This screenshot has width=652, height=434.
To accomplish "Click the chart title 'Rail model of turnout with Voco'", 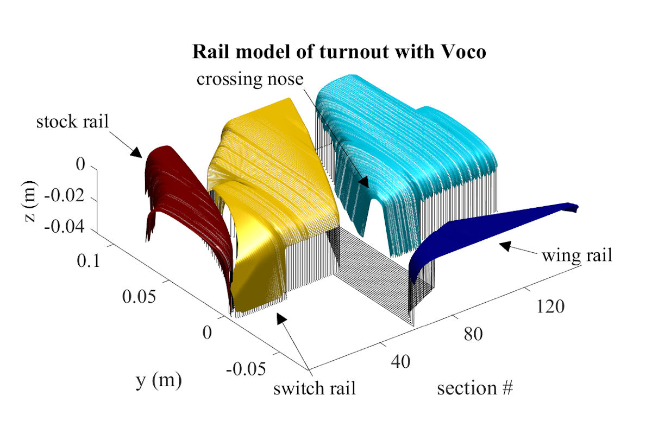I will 341,53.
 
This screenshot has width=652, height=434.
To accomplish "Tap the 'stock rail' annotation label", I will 72,122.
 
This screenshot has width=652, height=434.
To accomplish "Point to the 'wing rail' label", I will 576,255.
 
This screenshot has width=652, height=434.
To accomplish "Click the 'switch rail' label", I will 315,388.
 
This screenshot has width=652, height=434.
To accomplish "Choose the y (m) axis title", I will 158,380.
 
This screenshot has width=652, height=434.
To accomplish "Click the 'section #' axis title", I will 475,388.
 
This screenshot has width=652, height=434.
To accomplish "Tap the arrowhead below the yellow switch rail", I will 281,318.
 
